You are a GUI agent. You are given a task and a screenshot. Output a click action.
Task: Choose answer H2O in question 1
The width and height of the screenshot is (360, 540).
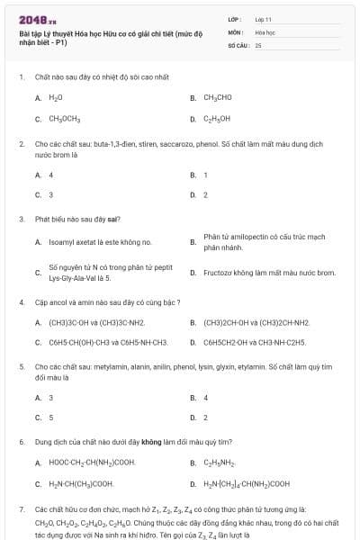[x=56, y=97]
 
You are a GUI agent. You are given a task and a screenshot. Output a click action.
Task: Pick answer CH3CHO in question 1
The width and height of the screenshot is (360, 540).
[x=218, y=97]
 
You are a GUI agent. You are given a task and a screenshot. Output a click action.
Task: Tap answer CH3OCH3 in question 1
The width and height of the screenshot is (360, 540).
[x=64, y=118]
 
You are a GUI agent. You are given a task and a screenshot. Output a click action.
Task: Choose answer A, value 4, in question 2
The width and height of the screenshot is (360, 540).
[x=50, y=175]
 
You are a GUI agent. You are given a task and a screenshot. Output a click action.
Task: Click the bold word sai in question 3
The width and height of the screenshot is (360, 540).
[x=113, y=219]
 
